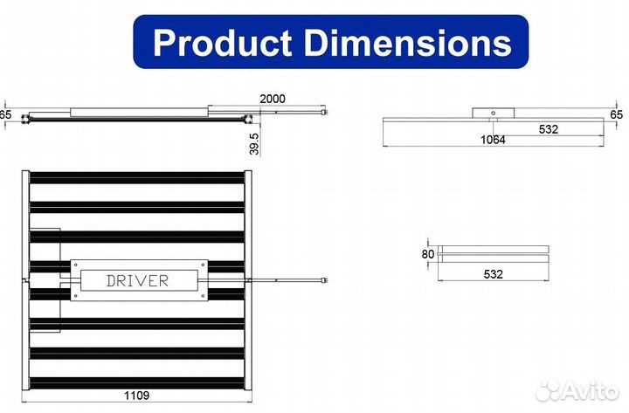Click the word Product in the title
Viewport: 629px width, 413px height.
(222, 43)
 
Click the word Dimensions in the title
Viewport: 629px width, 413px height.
(408, 43)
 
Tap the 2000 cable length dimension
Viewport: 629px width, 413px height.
(273, 99)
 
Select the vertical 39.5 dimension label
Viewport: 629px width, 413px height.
(254, 144)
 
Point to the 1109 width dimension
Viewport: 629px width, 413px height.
(136, 396)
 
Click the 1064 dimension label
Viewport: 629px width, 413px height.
(493, 140)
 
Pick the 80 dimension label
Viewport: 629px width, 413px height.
(428, 254)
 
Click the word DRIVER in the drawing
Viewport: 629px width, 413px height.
(138, 280)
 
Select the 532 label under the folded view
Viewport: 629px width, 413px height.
(493, 274)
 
